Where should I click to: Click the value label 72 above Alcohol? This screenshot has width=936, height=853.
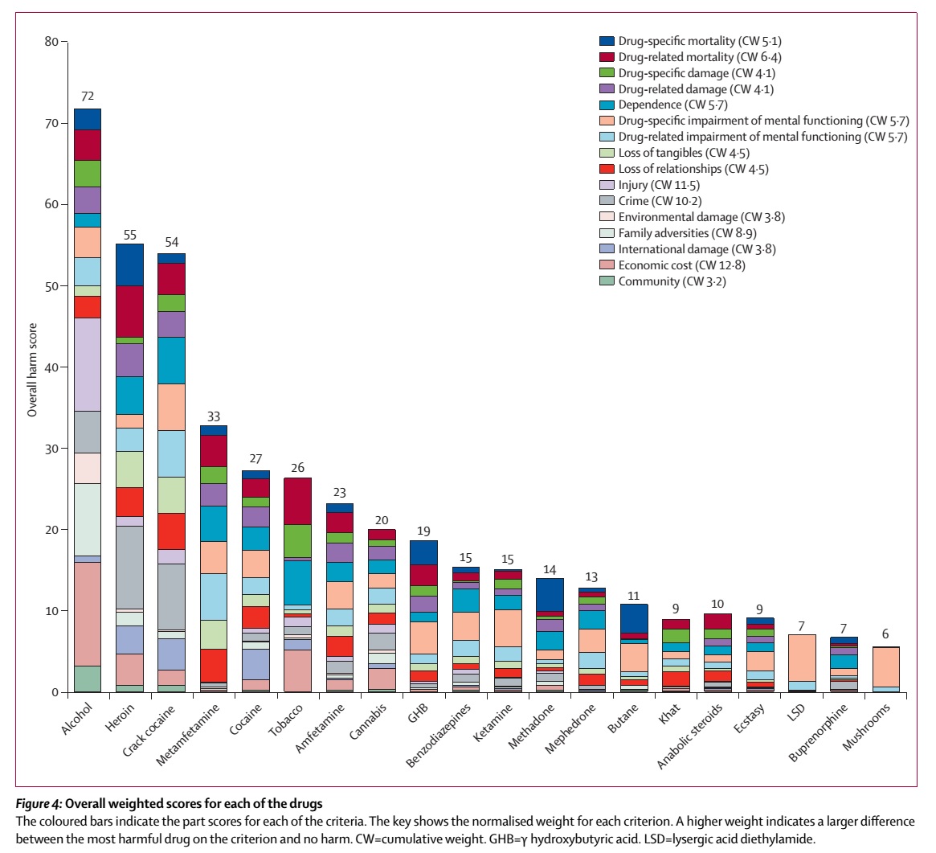point(87,96)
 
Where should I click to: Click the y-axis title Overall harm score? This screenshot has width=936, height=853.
point(33,367)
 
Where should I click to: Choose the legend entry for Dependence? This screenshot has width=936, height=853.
point(650,105)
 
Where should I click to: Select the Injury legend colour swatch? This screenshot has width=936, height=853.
point(607,185)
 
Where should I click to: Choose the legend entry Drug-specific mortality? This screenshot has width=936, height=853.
point(682,40)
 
